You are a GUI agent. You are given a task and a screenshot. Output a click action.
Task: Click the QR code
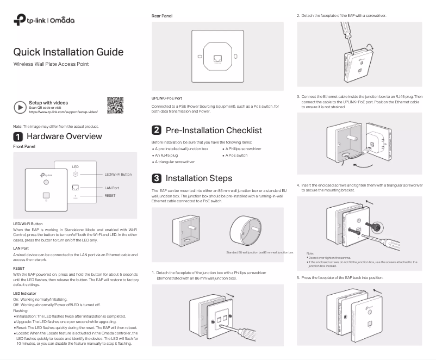coord(115,105)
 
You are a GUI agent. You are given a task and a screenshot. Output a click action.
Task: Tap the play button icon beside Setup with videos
coord(19,107)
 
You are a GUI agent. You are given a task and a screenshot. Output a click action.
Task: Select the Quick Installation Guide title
coord(68,52)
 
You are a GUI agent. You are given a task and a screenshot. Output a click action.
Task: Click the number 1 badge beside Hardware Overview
coord(17,136)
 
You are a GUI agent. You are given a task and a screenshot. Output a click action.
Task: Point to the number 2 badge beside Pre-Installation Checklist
coord(156,131)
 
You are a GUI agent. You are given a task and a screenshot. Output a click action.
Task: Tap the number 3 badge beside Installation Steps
coord(156,178)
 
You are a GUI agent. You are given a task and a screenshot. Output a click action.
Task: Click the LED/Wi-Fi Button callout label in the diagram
coord(118,174)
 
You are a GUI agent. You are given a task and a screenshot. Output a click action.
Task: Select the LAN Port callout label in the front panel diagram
coord(111,187)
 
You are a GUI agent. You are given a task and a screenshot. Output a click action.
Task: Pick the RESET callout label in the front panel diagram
coord(110,195)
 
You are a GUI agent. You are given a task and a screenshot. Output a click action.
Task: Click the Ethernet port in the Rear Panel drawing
coord(217,57)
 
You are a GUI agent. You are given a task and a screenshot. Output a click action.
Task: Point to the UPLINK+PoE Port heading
coord(167,98)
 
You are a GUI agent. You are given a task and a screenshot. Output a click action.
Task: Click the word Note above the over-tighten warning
coord(310,253)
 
